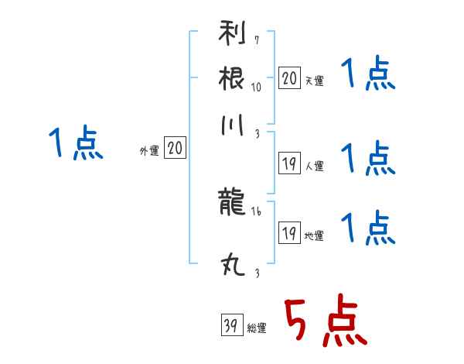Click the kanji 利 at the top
pos(232,33)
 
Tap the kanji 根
pos(232,78)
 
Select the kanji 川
pos(232,125)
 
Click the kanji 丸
pos(233,265)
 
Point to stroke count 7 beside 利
pos(257,40)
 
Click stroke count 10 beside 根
pos(256,87)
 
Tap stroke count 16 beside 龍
pos(256,211)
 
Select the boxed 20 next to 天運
pos(289,78)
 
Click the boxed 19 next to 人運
pos(289,163)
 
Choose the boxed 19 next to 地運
pos(289,232)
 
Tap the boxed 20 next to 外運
pos(175,147)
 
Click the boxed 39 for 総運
pos(232,325)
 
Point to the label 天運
pos(315,81)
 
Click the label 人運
pos(315,166)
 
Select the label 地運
pos(314,235)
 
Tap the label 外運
pos(149,150)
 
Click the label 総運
pos(257,328)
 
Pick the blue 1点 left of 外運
pos(76,143)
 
